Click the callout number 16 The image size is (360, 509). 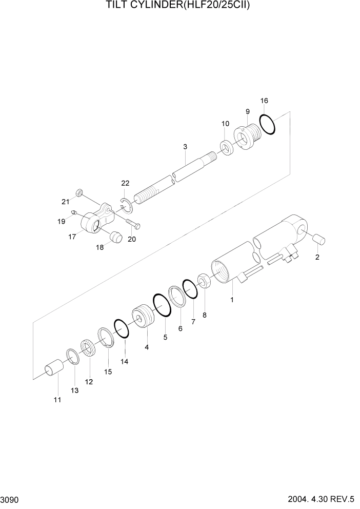click(x=264, y=101)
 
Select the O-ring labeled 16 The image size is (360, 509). click(x=267, y=125)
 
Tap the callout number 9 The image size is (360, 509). click(x=247, y=111)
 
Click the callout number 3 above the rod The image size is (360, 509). click(x=185, y=147)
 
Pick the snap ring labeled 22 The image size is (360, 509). click(x=126, y=205)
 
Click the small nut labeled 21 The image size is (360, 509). click(x=79, y=192)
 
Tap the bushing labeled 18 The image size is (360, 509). click(x=116, y=238)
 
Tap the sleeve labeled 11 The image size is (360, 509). click(x=53, y=370)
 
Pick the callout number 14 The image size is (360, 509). click(x=124, y=361)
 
